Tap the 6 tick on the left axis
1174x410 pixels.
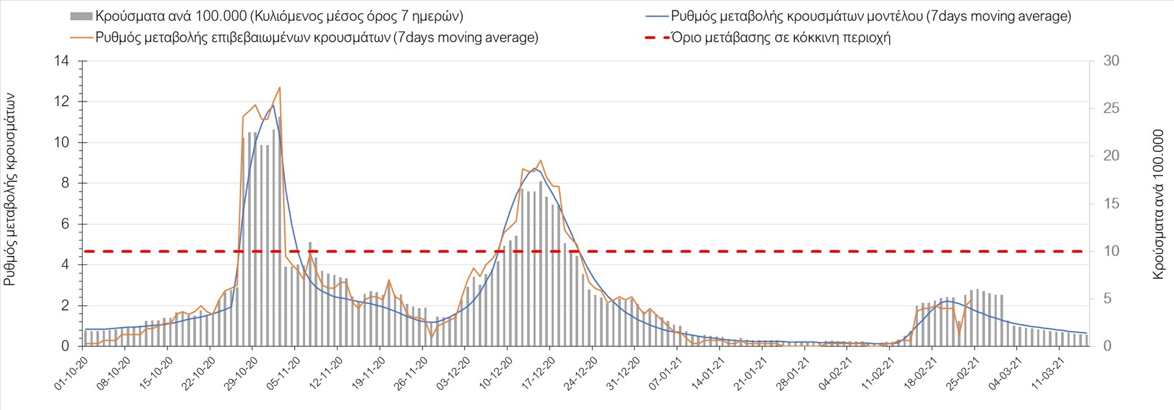pos(65,225)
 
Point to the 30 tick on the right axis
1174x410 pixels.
pos(1111,61)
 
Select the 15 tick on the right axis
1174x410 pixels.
pos(1111,204)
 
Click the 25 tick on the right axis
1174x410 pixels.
pos(1111,109)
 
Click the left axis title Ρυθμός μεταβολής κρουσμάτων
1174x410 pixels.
pos(10,190)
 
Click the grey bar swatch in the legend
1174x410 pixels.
pos(81,17)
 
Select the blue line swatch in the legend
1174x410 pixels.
pos(657,17)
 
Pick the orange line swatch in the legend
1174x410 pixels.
pos(81,38)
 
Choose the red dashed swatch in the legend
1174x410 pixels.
pos(657,38)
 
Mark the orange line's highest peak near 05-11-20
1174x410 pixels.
pos(279,88)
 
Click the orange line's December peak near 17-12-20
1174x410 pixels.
pos(541,160)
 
